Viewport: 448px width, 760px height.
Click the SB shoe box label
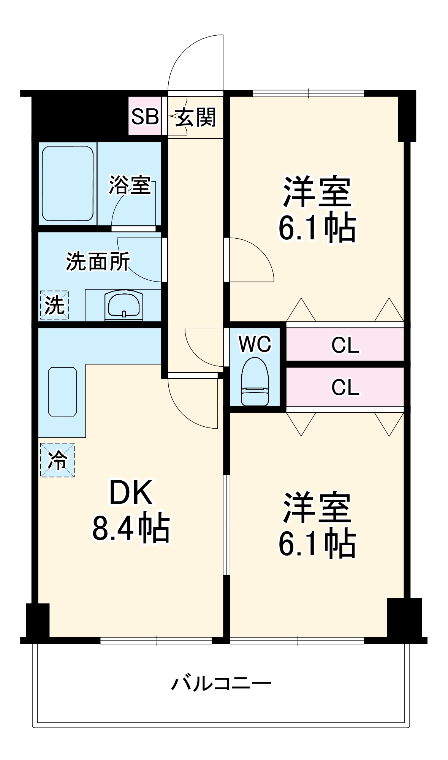coord(145,117)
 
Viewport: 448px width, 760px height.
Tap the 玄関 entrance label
coord(195,117)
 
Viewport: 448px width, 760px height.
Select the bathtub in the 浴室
coord(67,183)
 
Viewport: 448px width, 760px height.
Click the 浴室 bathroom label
coord(130,185)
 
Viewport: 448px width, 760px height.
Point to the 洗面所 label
coord(98,261)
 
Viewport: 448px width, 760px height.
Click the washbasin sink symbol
coord(124,305)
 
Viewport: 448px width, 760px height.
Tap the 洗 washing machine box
coord(54,305)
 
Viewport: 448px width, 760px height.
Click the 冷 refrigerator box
coord(57,460)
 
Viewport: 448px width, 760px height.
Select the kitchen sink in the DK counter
coord(62,391)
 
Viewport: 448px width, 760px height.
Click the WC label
coord(255,344)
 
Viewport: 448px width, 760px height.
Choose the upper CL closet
coord(345,345)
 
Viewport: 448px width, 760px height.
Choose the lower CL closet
coord(345,387)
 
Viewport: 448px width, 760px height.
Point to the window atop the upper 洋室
coord(308,93)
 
